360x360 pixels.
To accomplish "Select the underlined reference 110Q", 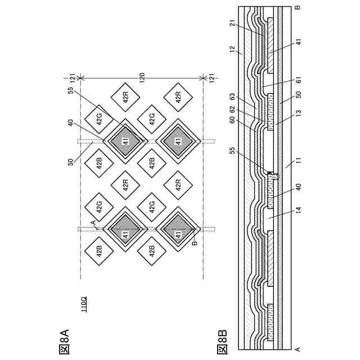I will tap(83, 304).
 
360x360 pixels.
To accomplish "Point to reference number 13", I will tap(299, 107).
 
